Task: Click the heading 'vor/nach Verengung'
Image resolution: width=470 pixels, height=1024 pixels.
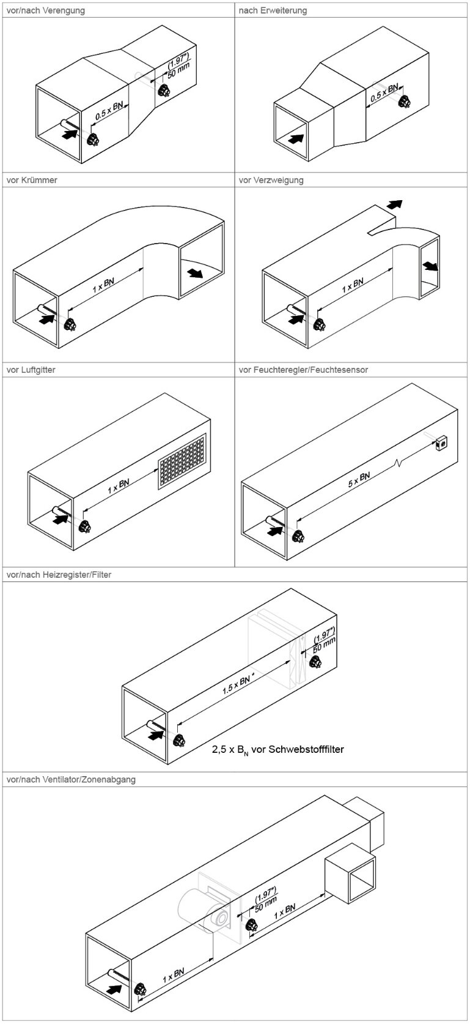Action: tap(45, 10)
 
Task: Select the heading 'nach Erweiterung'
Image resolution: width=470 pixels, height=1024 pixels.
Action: tap(273, 10)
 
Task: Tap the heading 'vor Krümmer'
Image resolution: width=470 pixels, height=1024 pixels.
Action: tap(32, 181)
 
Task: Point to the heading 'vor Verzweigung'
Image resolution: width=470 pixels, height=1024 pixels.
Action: tap(271, 181)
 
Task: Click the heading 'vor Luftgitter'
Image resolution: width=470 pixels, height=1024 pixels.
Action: tap(31, 370)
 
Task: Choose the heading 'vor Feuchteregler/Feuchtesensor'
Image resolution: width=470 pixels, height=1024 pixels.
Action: tap(303, 370)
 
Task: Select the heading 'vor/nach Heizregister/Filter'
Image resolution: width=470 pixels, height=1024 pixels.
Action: tap(59, 575)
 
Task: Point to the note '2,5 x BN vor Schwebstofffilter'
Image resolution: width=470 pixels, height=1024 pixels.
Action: tap(278, 749)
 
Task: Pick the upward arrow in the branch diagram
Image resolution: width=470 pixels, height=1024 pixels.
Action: tap(395, 203)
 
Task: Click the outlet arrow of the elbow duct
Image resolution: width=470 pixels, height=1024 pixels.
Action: tap(195, 272)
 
